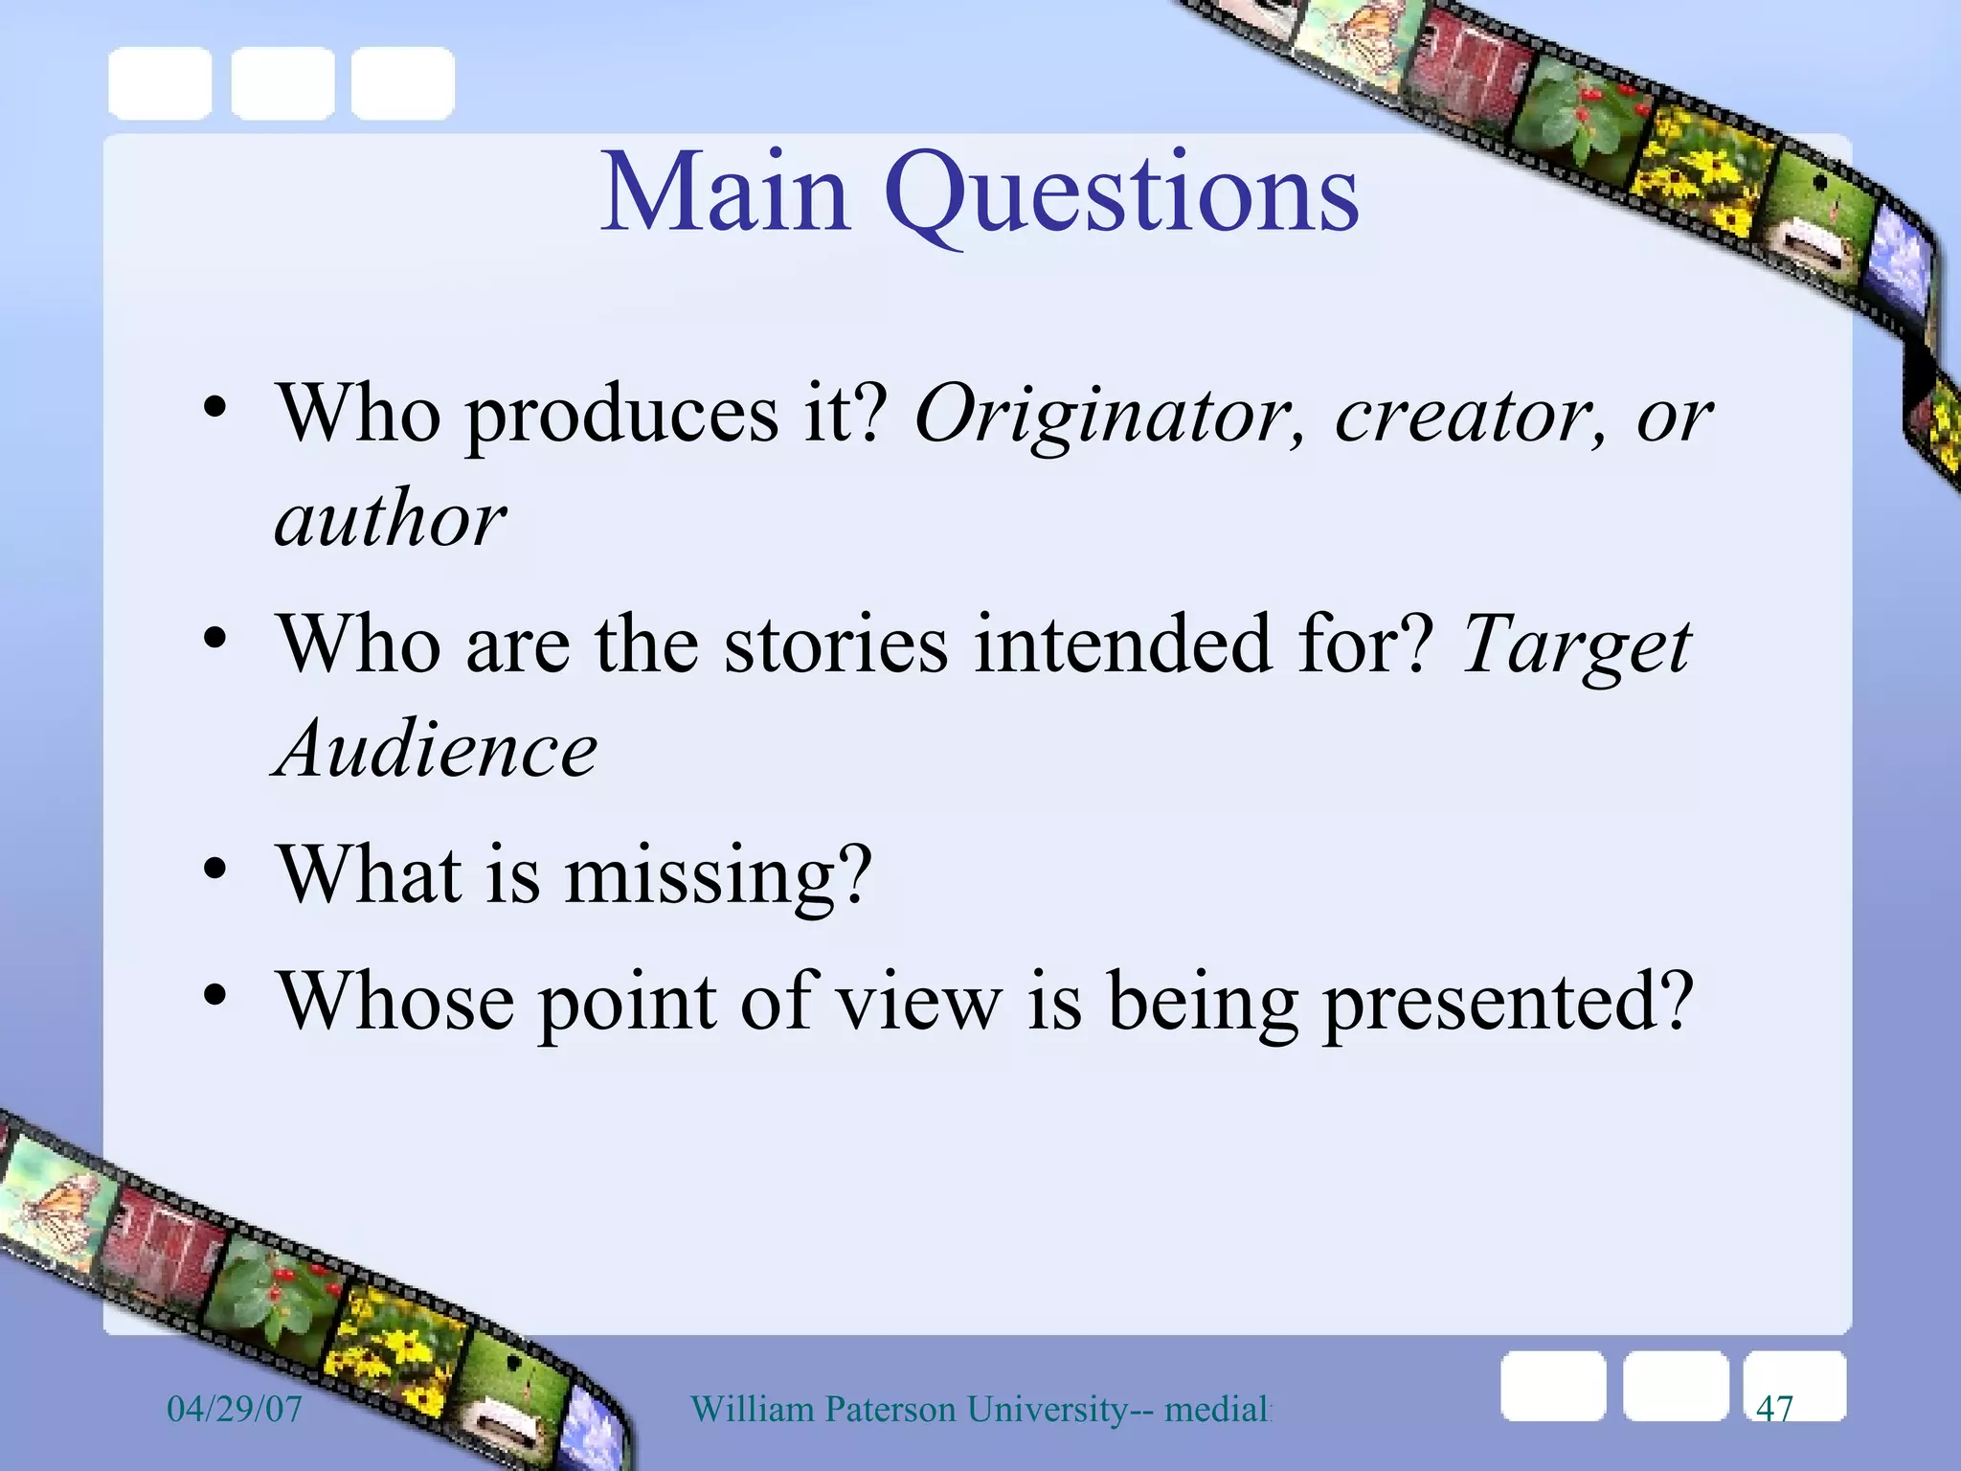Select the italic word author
(390, 519)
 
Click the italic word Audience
(437, 750)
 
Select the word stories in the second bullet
(835, 645)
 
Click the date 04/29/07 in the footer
(235, 1409)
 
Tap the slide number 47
(1774, 1409)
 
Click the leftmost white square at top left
(160, 84)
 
